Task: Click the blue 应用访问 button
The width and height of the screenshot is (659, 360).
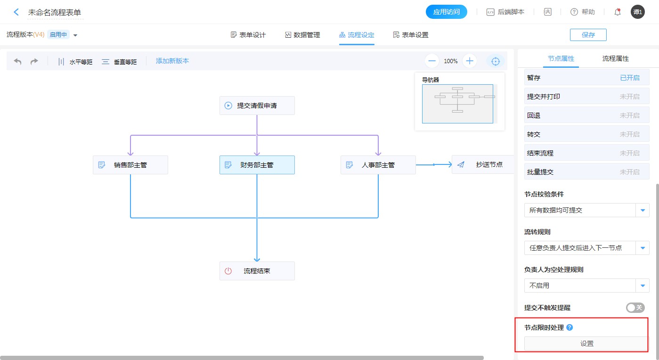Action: pos(446,12)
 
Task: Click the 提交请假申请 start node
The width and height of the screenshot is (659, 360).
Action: pos(257,106)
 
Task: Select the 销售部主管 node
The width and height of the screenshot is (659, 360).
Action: pos(130,165)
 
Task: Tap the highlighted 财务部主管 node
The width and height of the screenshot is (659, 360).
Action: pos(257,165)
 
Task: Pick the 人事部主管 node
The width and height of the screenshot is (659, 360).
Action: pos(378,165)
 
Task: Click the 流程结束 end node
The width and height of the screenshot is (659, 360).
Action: pos(257,271)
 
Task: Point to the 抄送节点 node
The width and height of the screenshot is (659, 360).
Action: pos(482,164)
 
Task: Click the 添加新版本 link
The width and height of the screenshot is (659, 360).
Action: pos(172,61)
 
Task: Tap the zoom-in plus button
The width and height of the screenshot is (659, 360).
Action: pos(469,61)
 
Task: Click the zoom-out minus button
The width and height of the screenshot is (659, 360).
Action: pos(432,61)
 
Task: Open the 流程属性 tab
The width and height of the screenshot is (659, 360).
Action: pos(615,59)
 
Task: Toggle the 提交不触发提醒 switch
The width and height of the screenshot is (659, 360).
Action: pos(635,308)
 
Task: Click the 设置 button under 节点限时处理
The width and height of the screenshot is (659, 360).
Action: pos(586,344)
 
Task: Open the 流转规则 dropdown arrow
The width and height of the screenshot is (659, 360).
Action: pos(643,248)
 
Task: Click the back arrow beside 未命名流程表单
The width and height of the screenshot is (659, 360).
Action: pos(16,12)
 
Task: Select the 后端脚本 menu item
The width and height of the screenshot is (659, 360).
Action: pos(505,12)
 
